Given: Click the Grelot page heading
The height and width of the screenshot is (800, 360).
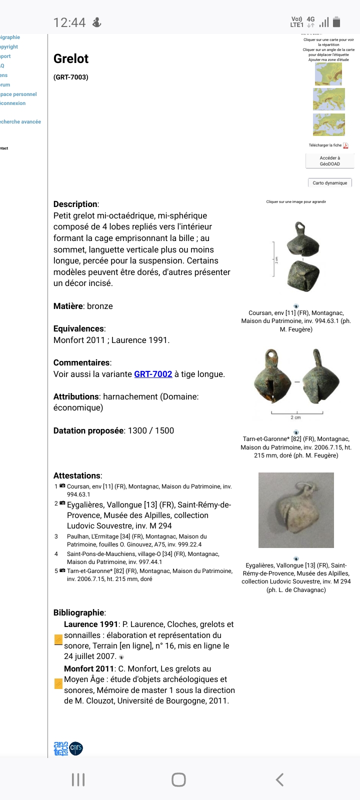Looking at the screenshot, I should [x=71, y=58].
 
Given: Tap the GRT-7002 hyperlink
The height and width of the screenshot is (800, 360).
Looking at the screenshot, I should [x=153, y=374].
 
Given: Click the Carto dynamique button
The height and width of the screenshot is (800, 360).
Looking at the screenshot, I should [x=329, y=183].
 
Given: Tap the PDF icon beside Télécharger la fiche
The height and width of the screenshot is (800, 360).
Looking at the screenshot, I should [x=345, y=145].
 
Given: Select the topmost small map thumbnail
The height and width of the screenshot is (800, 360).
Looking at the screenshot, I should [x=328, y=74].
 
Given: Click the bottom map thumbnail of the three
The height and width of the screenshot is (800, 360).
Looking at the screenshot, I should [x=328, y=124].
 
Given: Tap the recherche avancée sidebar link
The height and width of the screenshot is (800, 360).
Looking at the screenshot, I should [x=20, y=121].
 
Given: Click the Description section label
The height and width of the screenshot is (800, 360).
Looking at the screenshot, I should [x=75, y=204].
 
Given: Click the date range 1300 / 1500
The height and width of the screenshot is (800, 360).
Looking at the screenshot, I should [x=151, y=430].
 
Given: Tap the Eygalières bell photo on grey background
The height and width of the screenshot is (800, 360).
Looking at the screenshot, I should [x=296, y=510].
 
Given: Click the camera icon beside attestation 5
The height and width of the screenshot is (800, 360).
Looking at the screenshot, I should [x=62, y=570].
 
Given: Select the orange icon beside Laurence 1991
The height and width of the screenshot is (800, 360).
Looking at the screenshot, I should [x=58, y=640].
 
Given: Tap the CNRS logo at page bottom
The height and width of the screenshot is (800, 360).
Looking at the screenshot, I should [x=76, y=748].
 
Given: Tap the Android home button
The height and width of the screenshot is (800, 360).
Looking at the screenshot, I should [x=178, y=779].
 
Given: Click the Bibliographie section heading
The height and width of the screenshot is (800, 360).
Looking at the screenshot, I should [x=79, y=612].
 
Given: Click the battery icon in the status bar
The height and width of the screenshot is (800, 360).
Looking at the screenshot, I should [x=336, y=22].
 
